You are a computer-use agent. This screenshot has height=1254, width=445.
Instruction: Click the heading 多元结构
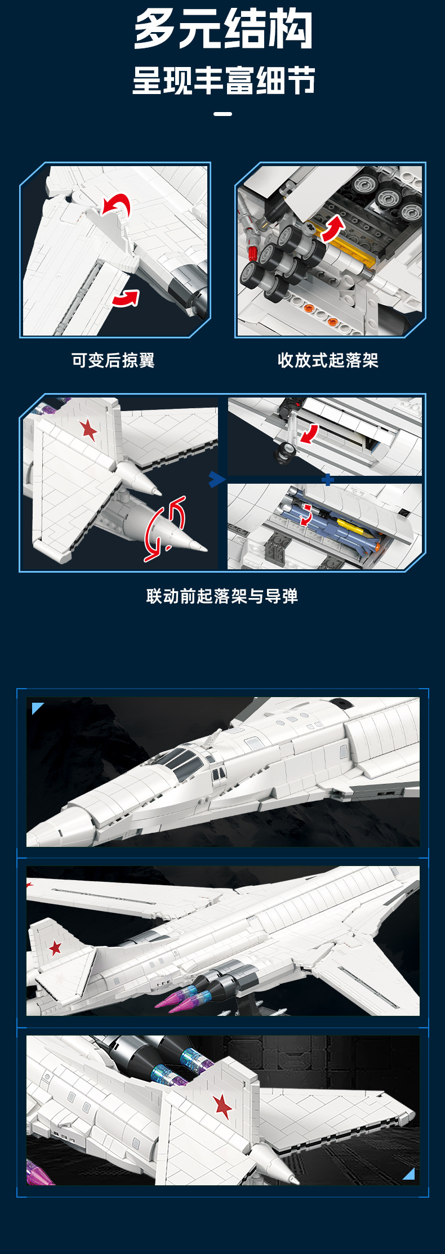tap(223, 29)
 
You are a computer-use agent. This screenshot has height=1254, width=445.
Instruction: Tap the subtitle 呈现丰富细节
tap(223, 81)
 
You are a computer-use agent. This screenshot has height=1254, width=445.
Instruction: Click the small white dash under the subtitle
tap(223, 114)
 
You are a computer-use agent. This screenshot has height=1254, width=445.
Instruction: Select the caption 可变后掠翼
tap(113, 360)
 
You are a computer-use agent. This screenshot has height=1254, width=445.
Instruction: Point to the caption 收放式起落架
tap(328, 360)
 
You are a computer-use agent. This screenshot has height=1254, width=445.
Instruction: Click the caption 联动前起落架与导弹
tap(222, 596)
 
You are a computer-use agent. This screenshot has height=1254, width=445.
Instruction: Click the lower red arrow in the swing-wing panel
tap(126, 298)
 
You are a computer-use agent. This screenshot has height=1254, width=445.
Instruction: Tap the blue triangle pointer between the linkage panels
tap(216, 480)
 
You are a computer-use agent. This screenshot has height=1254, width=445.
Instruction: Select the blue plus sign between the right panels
tap(328, 480)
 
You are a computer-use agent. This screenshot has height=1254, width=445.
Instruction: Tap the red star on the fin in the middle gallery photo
tap(55, 948)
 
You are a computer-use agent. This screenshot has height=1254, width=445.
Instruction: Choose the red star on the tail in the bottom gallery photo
tap(222, 1105)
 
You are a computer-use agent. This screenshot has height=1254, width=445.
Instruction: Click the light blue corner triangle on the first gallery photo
tap(37, 708)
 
